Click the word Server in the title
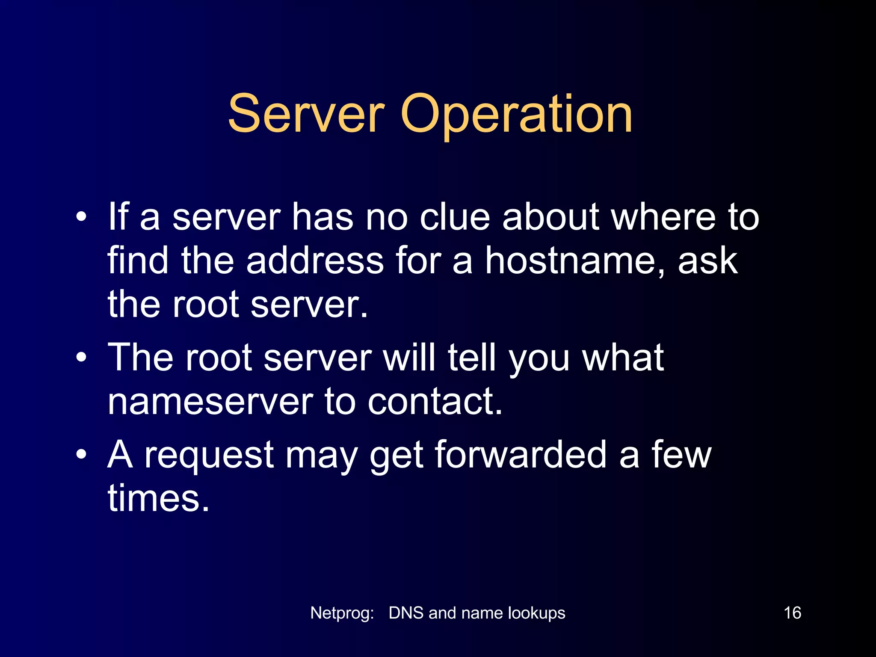coord(306,114)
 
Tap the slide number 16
coord(792,613)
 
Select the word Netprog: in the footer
coord(342,613)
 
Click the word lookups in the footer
coord(536,613)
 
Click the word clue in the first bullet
coord(454,217)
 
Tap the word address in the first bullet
coord(314,261)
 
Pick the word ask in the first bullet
coord(707,261)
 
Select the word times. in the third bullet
coord(158,498)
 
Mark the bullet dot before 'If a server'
coord(81,216)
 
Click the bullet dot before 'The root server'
coord(81,357)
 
